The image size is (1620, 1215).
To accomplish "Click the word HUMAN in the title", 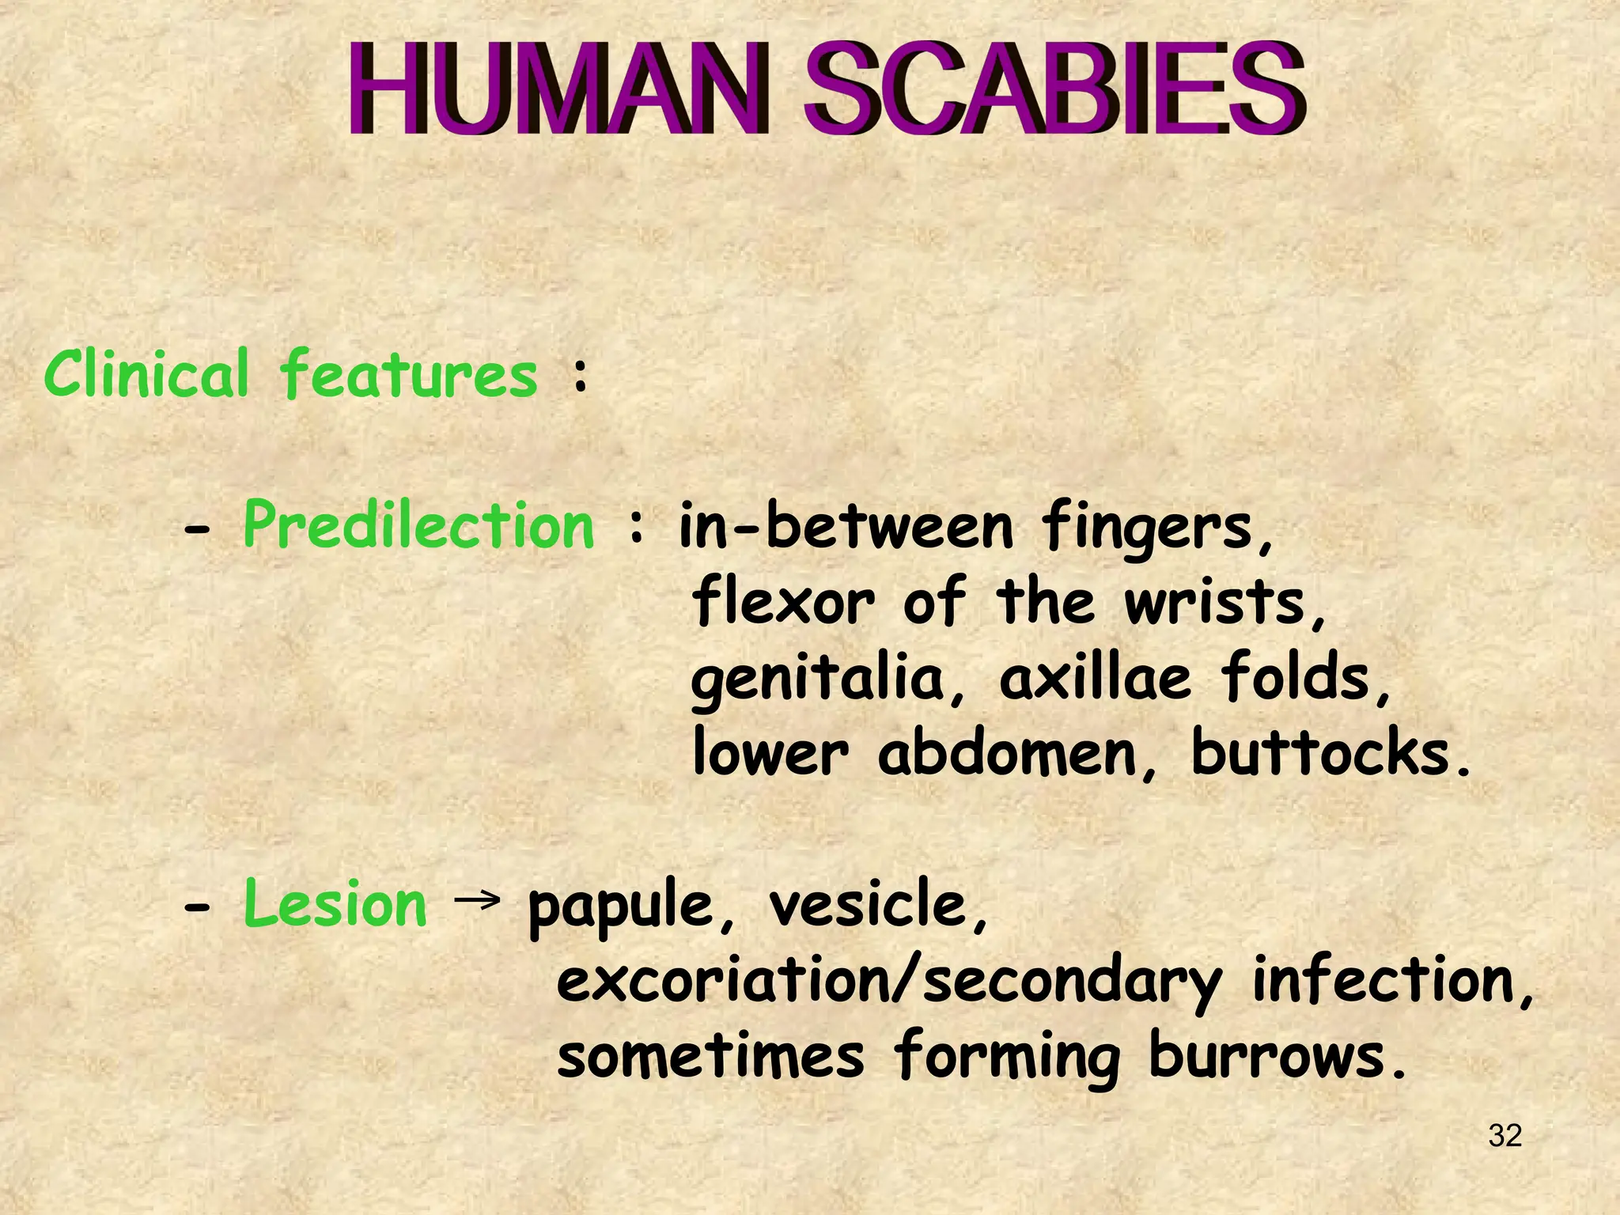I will click(558, 89).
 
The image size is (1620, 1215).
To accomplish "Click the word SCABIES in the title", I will click(1054, 89).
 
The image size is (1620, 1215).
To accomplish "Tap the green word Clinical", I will click(147, 373).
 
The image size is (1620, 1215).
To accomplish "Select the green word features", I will click(409, 375).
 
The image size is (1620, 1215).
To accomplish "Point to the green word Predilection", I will click(418, 525).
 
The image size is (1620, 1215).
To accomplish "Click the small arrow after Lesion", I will click(478, 899).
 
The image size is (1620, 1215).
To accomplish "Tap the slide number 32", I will click(1505, 1136).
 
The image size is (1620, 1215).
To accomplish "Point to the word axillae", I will click(1095, 679).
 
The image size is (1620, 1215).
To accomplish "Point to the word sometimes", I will click(710, 1057).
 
